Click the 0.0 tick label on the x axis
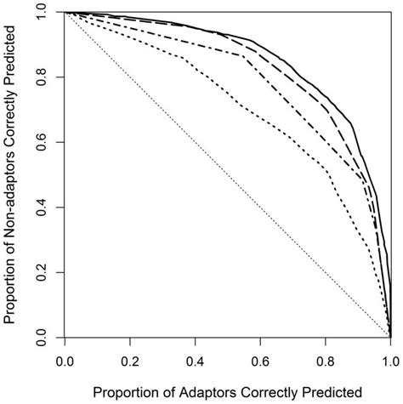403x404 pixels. point(65,361)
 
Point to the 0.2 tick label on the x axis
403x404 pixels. point(129,361)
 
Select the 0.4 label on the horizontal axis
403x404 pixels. point(195,361)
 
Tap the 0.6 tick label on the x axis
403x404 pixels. point(260,361)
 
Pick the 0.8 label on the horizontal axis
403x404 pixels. point(325,361)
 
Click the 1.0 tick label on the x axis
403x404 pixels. point(389,361)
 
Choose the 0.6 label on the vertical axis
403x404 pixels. point(40,143)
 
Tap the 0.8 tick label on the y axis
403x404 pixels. point(40,78)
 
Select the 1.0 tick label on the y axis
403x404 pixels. point(40,14)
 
